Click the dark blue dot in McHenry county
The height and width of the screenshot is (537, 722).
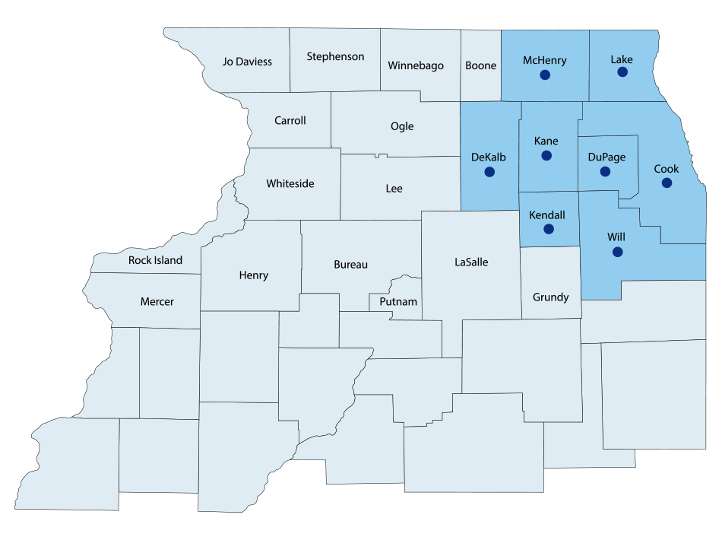pos(544,75)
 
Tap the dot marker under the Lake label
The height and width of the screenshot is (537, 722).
pos(622,72)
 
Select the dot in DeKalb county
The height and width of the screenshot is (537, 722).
pos(488,172)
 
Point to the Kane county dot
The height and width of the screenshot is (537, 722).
pos(546,155)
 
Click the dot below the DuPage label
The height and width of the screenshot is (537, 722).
pos(605,172)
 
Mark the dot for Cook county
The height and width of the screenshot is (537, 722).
pos(666,183)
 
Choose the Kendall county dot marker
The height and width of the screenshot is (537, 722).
pos(549,229)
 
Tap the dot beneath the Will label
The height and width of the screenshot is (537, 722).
pos(617,252)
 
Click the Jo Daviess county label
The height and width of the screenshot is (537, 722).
pos(247,62)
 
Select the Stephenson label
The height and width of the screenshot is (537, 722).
pos(335,56)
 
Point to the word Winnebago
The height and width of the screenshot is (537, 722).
pos(416,65)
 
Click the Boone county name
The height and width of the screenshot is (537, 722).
pos(480,65)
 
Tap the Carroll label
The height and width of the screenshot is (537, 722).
pos(290,120)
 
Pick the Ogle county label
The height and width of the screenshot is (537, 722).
pos(402,126)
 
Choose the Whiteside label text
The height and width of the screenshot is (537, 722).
pos(290,183)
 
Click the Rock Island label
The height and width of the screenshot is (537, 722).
pos(155,260)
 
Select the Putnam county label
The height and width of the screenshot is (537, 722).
pos(398,301)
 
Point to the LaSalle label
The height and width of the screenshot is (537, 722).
pos(471,262)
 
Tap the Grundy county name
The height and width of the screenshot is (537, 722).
pos(550,297)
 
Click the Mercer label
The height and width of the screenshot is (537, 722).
pos(157,301)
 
